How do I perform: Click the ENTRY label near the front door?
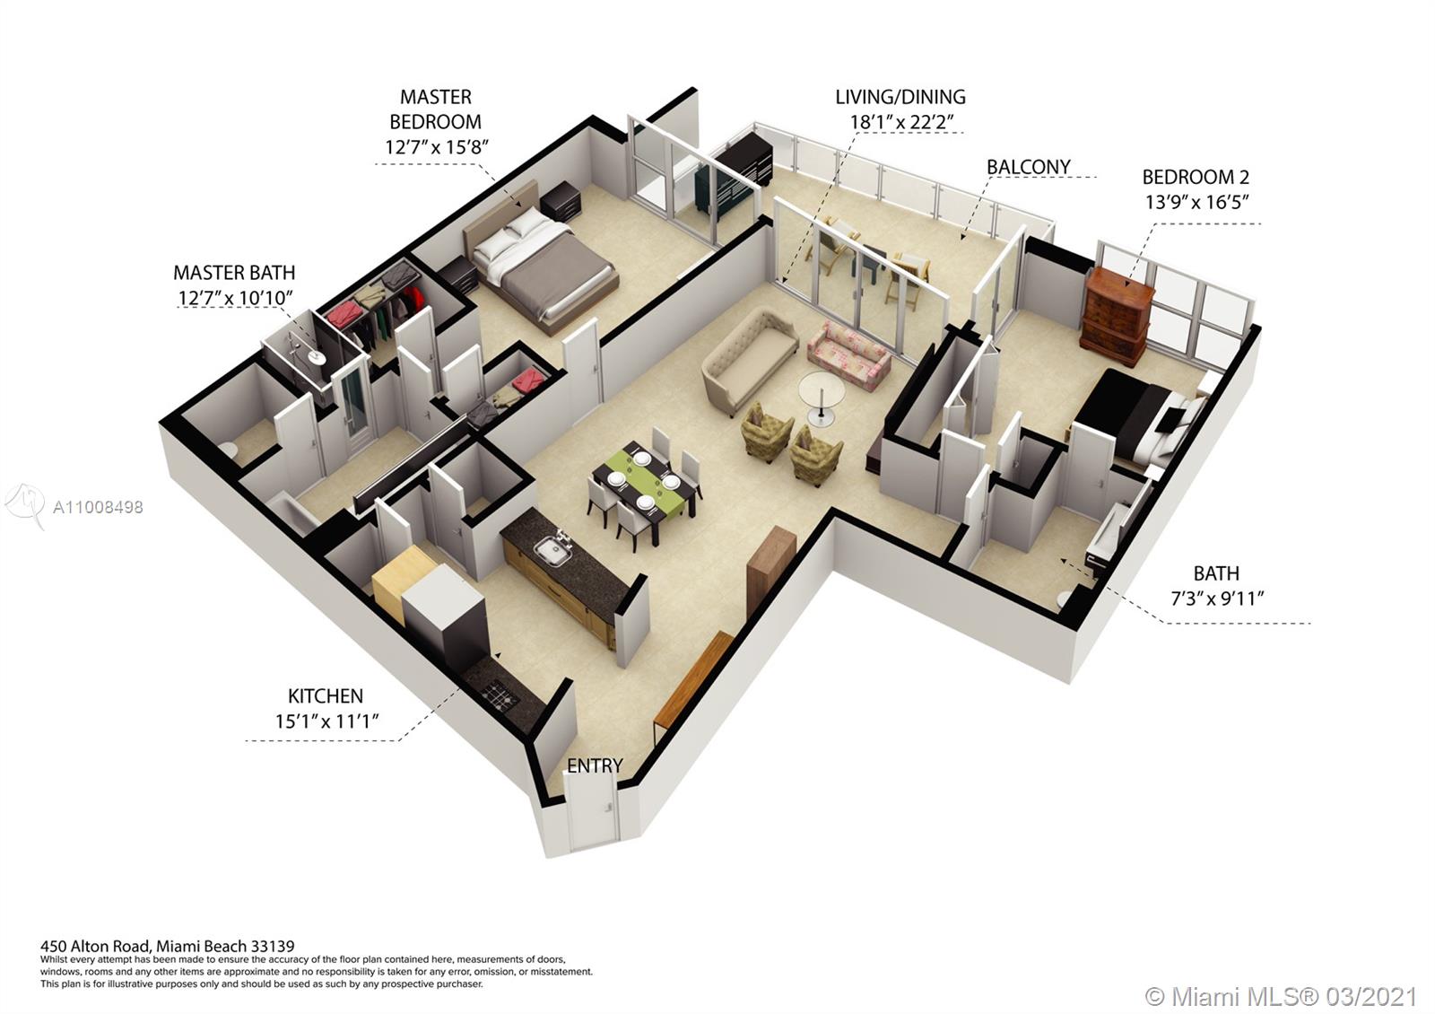595,766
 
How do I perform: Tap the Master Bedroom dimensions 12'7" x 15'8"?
436,147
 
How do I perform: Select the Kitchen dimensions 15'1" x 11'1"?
326,721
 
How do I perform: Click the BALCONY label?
1028,167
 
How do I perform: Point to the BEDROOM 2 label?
1196,177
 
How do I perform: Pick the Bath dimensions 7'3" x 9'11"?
1216,599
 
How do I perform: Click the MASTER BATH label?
234,273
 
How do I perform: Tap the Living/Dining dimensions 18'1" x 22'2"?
901,122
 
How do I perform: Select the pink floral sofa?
848,355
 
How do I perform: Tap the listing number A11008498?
98,508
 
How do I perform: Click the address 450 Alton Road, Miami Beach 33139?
167,946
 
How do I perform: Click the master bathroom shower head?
315,356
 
